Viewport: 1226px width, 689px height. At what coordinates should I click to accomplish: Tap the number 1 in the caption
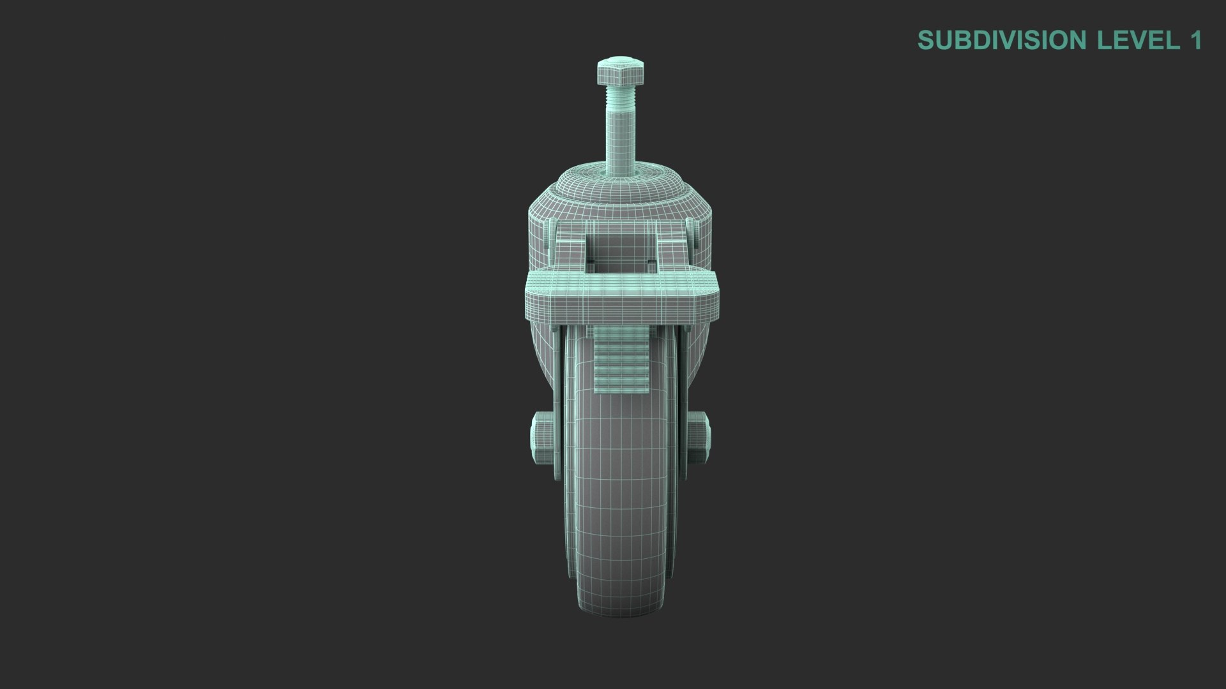[x=1195, y=40]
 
